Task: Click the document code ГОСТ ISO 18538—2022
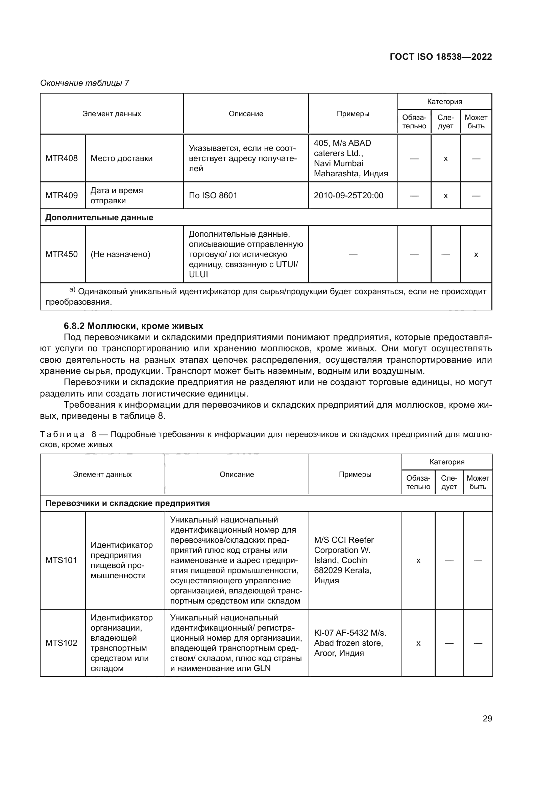coord(441,57)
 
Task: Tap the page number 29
coord(487,718)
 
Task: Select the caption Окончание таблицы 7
coord(84,83)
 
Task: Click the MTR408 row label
coord(62,158)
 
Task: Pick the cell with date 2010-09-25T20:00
coord(348,196)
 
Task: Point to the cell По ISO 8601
coord(213,196)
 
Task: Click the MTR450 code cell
coord(62,254)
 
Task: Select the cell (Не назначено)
coord(120,254)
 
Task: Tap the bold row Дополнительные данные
coord(99,218)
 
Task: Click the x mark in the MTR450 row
coord(476,255)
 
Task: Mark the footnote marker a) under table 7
coord(72,290)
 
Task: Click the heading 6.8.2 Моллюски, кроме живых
coord(133,326)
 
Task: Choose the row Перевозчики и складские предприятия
coord(128,503)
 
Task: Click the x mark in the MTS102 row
coord(418,643)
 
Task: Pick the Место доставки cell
coord(122,158)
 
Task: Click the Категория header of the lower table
coord(447,462)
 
